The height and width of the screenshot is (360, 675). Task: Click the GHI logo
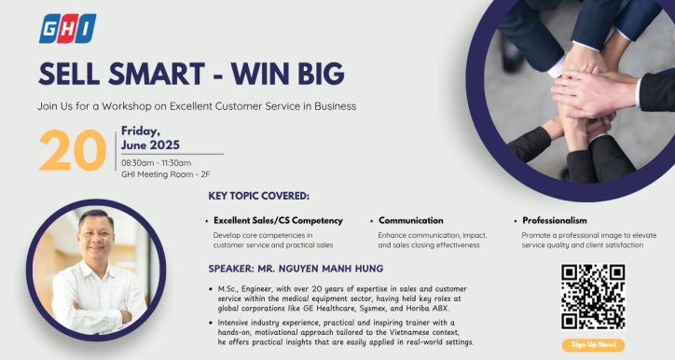tap(67, 29)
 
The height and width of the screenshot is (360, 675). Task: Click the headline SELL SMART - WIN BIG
tap(191, 73)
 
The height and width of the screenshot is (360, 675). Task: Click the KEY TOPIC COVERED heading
tap(259, 197)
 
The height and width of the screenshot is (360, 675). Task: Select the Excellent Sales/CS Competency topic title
tap(278, 221)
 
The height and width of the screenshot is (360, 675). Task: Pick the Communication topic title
tap(410, 221)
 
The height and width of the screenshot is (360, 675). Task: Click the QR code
tap(592, 295)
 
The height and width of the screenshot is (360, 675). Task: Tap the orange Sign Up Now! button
tap(592, 345)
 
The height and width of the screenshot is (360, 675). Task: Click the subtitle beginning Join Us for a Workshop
tap(197, 105)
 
